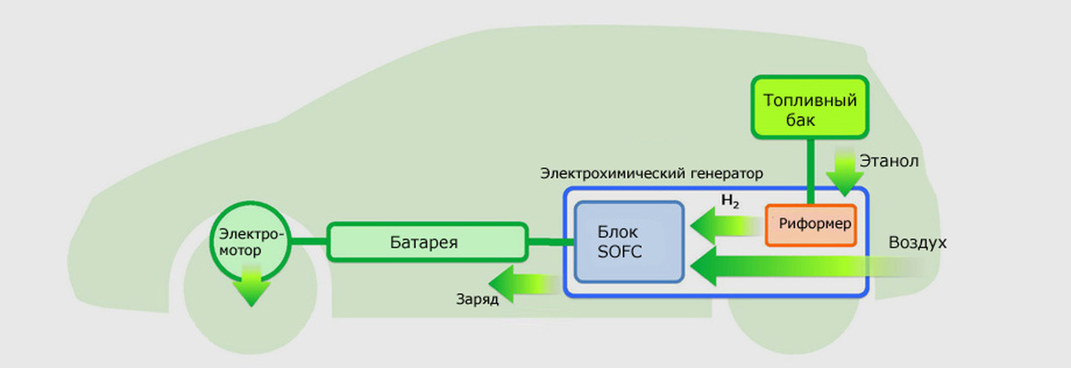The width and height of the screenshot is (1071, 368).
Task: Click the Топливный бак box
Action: (809, 108)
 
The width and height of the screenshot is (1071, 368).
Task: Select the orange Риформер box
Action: (810, 222)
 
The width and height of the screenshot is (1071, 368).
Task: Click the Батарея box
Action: (425, 241)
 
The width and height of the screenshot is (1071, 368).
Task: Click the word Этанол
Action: (889, 162)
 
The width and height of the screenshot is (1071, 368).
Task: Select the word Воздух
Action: (917, 243)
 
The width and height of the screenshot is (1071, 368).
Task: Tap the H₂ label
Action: (730, 202)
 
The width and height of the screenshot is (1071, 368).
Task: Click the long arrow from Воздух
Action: (803, 266)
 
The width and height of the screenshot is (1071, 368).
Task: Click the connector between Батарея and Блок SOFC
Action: (547, 241)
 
